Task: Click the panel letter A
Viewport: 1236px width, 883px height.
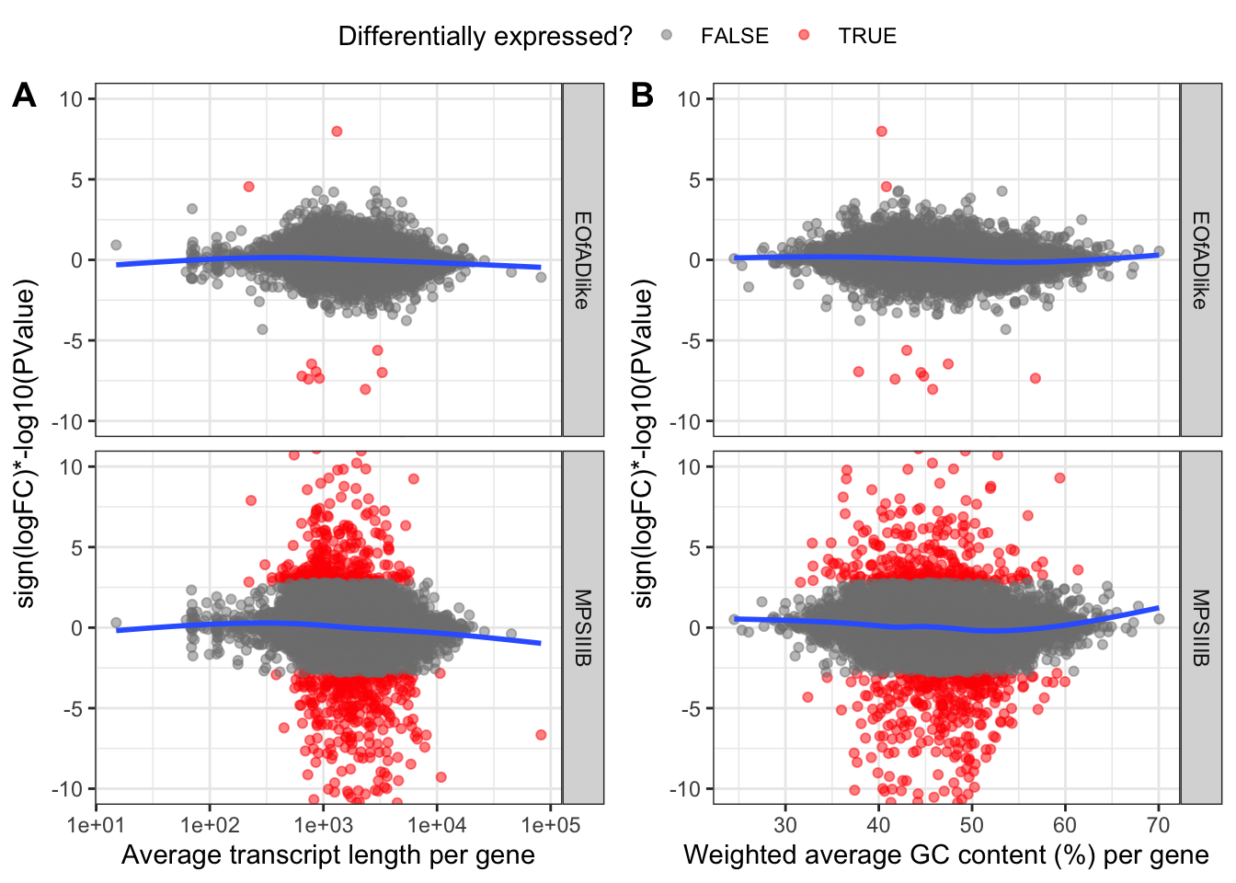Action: pos(24,95)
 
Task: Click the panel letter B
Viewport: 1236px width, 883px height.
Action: pos(642,95)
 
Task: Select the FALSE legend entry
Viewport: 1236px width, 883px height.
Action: pos(734,36)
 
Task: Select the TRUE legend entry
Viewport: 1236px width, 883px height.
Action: pos(866,36)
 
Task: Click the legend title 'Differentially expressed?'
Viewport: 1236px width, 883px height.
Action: pos(485,36)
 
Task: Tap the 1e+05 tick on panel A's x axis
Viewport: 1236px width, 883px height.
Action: pos(550,824)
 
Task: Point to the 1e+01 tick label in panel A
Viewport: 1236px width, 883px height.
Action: pos(96,824)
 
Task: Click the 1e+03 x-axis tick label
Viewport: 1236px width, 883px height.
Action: pos(323,824)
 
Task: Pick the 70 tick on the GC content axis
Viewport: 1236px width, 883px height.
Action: pos(1158,824)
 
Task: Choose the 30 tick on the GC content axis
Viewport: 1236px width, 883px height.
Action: pos(785,824)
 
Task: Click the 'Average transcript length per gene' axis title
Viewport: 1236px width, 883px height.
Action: pos(328,855)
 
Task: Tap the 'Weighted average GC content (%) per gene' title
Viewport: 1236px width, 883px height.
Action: pos(945,855)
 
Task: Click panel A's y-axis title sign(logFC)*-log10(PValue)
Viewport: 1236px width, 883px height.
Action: pos(26,443)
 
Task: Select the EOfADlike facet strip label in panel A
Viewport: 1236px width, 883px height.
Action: pos(583,259)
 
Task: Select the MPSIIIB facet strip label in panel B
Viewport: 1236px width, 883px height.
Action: pos(1201,627)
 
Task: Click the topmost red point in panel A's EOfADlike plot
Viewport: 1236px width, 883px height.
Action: pos(337,132)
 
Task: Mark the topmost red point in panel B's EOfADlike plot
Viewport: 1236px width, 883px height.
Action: pos(881,132)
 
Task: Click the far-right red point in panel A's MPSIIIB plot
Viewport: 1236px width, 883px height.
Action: pos(541,734)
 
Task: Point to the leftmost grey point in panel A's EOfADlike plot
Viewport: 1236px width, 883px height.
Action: pos(116,246)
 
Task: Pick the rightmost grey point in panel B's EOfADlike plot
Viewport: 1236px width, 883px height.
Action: pos(1159,251)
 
